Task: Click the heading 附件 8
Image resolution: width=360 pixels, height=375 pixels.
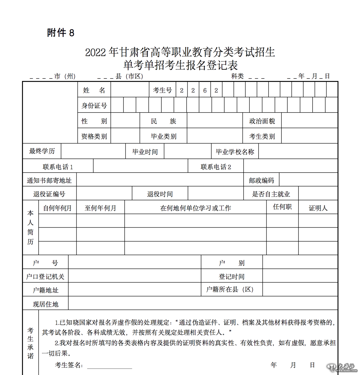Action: tap(61, 33)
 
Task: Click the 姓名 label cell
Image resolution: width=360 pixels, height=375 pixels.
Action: tap(94, 90)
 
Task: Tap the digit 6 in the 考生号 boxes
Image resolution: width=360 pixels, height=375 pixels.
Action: tap(205, 90)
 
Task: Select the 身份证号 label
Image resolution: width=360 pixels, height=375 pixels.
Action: tap(94, 106)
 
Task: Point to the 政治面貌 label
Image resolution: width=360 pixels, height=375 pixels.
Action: tap(262, 121)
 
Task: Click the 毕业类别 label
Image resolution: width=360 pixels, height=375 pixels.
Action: tap(163, 137)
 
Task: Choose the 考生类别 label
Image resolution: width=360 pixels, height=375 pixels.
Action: tap(262, 137)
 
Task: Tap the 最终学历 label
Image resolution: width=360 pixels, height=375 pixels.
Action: tap(42, 151)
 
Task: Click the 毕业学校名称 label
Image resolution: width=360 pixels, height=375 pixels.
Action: tap(235, 152)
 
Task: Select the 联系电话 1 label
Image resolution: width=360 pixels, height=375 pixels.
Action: tap(58, 167)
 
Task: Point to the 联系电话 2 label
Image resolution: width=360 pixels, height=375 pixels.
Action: tap(216, 167)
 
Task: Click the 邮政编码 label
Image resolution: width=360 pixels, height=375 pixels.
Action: tap(261, 181)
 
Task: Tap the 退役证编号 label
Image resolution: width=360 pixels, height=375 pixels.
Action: tap(49, 194)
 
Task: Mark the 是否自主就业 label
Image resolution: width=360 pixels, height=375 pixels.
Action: tap(271, 194)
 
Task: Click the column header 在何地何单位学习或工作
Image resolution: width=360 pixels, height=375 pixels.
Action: tap(195, 208)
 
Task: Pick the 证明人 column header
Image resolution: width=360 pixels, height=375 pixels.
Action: tap(318, 208)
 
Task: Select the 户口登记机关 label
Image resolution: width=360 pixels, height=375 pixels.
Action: tap(45, 276)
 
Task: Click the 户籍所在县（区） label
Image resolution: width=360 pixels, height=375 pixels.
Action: tap(230, 289)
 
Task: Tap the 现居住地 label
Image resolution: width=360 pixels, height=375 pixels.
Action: tap(45, 304)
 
